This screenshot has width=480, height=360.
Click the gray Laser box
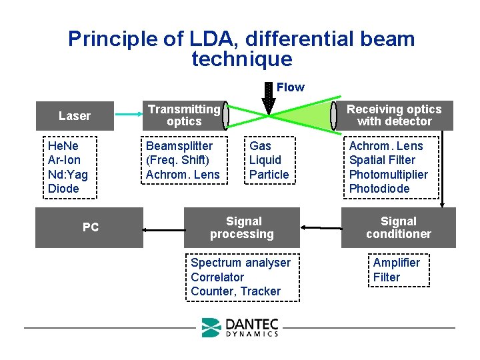(74, 116)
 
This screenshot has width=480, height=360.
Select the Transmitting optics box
(183, 115)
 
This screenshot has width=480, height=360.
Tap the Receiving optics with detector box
(394, 115)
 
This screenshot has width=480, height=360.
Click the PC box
(90, 227)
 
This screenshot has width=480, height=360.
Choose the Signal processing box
(242, 227)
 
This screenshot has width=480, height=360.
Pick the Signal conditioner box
(398, 227)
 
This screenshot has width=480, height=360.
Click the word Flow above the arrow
(290, 87)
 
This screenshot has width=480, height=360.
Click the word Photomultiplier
(389, 175)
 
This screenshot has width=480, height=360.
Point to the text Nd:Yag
(68, 175)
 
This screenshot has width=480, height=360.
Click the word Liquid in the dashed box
(265, 160)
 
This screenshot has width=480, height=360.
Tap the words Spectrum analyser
(241, 263)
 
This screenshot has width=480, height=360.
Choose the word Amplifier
(397, 263)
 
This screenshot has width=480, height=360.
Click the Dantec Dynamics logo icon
(211, 327)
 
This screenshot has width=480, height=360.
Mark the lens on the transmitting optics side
(226, 116)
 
